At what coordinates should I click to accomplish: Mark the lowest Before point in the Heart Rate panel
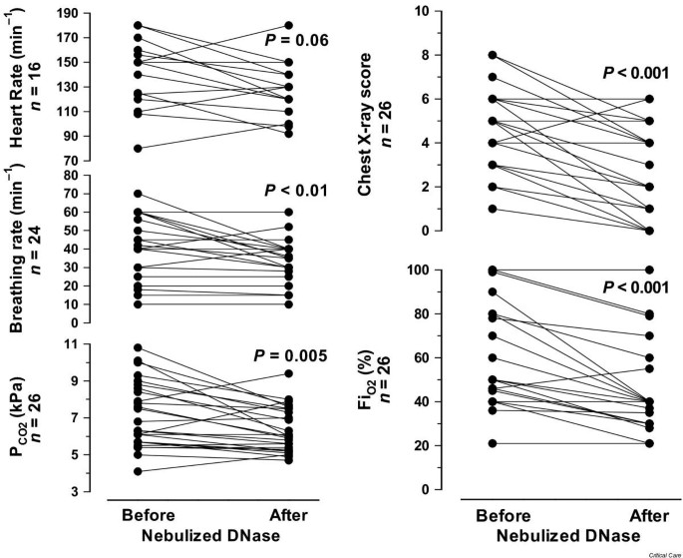(138, 149)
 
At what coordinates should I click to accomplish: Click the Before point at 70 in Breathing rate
(138, 194)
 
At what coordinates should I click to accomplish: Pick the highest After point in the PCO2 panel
(287, 373)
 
